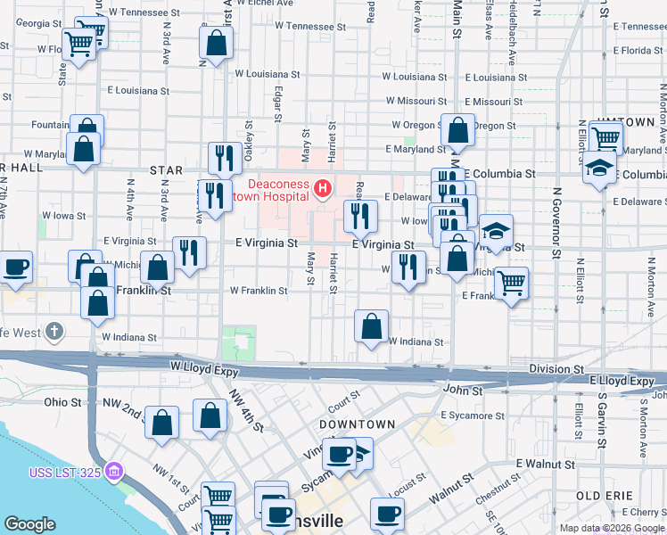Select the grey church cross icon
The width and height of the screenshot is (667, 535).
54,333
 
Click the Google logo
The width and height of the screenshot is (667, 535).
29,524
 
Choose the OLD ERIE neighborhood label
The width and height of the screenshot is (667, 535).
605,495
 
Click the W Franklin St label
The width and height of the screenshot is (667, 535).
259,291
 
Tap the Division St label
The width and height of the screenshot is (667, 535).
556,368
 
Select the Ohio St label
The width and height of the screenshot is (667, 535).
62,402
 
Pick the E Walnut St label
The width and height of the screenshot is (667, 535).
545,465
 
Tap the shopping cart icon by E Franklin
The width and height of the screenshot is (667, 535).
511,284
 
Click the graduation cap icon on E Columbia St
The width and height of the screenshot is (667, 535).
599,168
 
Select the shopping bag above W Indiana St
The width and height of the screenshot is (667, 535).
371,325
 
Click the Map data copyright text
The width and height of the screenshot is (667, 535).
612,528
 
